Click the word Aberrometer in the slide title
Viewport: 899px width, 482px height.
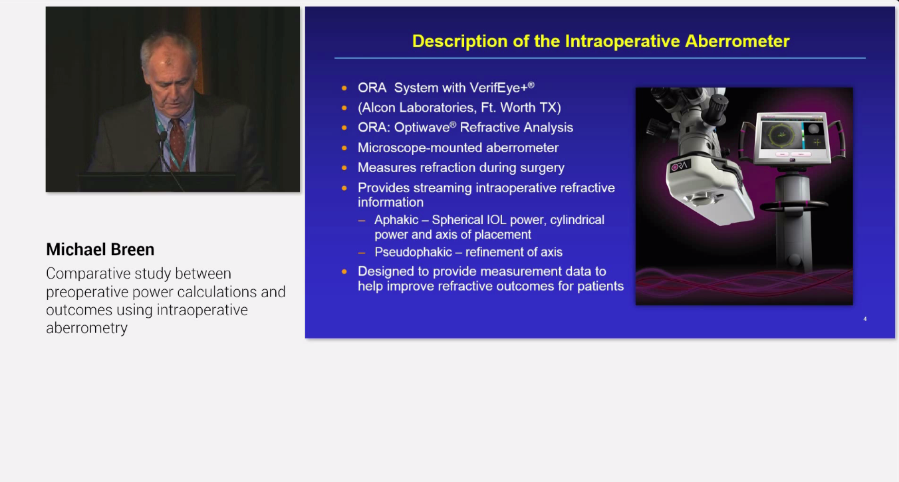(737, 41)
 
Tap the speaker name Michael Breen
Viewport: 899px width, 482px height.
(100, 249)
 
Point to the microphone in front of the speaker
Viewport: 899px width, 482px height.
(162, 136)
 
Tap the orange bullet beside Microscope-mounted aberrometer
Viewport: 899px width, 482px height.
(344, 148)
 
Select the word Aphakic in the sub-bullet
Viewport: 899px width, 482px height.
(396, 220)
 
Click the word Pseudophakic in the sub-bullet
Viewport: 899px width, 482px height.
(413, 252)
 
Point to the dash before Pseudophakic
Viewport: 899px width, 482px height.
(362, 253)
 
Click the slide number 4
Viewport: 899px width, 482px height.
(865, 319)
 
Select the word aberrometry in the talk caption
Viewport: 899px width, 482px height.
(86, 328)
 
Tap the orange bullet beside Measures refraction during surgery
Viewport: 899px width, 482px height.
(344, 168)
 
